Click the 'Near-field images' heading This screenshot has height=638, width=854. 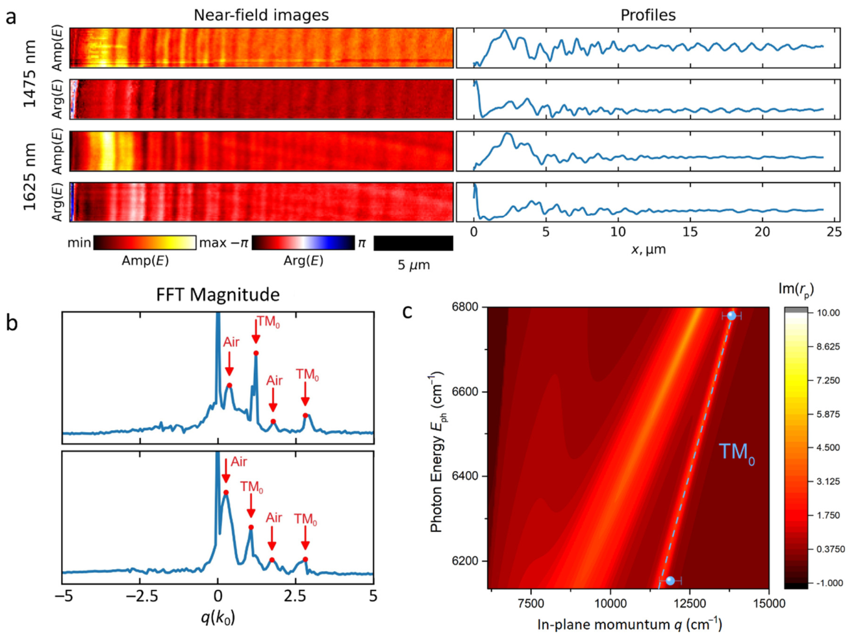[261, 15]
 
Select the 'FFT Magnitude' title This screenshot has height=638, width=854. [218, 295]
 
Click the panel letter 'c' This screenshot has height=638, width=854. [407, 312]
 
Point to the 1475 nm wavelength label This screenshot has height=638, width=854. [30, 73]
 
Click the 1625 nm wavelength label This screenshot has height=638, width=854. [30, 177]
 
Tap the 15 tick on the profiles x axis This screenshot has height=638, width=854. [690, 233]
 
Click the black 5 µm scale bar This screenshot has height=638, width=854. [413, 243]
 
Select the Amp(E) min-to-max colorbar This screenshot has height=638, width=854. [145, 242]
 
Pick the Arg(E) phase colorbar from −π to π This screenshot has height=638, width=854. [303, 242]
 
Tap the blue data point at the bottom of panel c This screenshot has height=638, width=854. [670, 580]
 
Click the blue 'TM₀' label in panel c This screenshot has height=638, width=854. [736, 454]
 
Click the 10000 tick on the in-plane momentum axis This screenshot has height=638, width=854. [610, 604]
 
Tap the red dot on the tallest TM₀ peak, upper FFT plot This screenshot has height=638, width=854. [256, 353]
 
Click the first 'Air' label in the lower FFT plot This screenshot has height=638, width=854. [238, 462]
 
